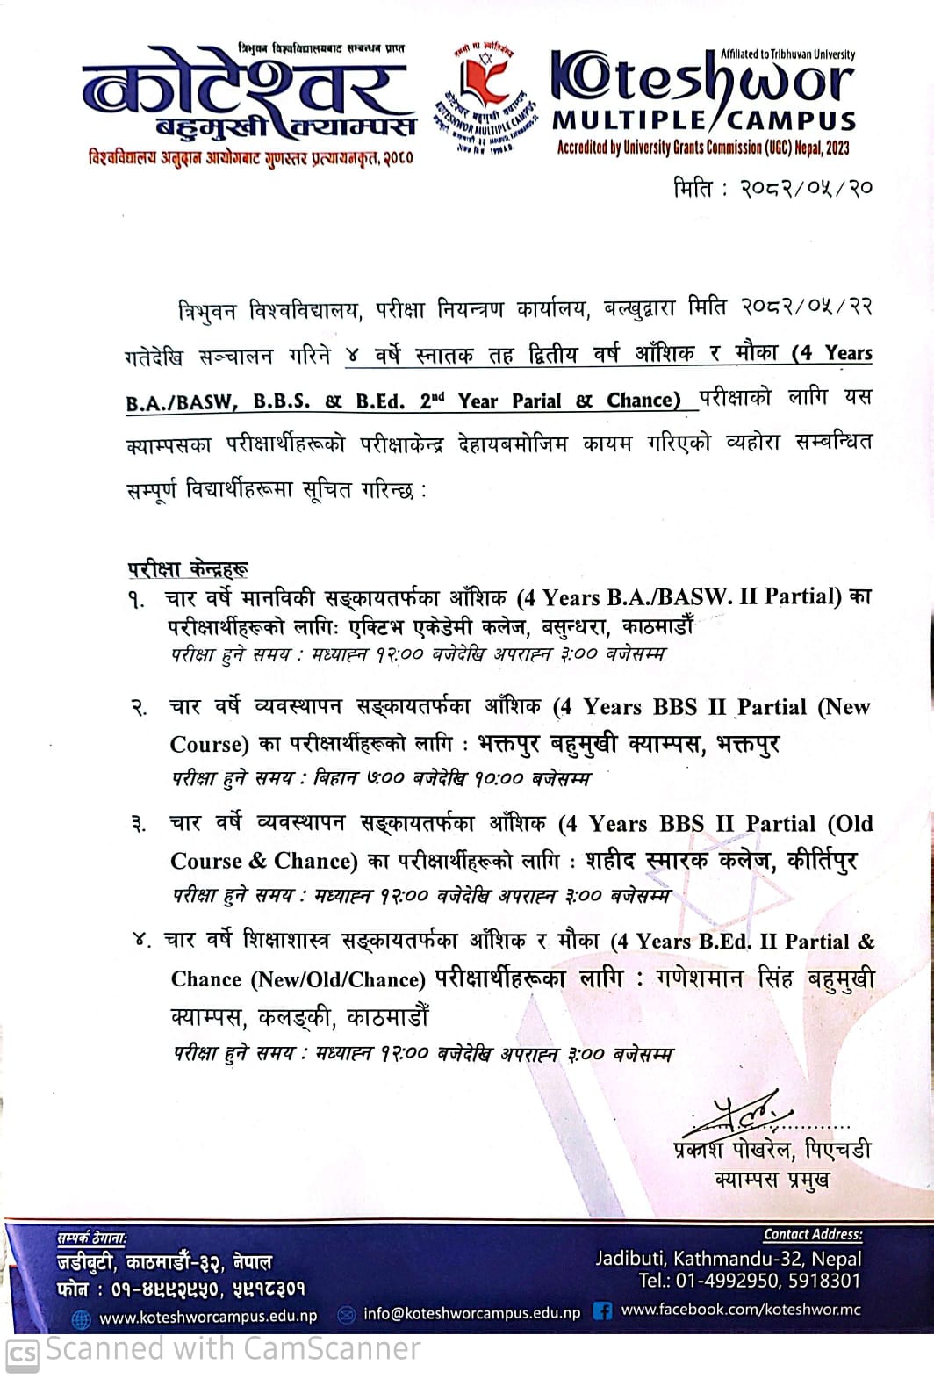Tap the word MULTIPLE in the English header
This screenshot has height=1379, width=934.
pos(628,120)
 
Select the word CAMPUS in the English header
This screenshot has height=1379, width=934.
pos(792,120)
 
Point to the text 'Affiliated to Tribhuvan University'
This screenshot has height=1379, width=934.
pos(787,54)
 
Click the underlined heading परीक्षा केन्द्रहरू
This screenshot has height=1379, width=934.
pos(188,568)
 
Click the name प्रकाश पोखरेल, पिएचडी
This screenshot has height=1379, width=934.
pos(772,1150)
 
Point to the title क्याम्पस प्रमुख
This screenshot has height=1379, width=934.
pos(772,1180)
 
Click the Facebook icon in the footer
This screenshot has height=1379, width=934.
pos(602,1311)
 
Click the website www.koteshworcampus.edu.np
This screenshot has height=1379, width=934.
pos(207,1318)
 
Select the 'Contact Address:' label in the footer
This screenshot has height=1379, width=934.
pos(812,1235)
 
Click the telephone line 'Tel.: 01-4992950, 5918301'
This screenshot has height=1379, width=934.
pos(749,1281)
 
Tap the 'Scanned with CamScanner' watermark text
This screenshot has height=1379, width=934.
pos(233,1349)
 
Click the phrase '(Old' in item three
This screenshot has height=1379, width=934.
pos(850,824)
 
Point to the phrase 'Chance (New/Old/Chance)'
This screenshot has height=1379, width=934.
pos(298,979)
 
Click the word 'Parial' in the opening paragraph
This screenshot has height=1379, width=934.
pos(536,401)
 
